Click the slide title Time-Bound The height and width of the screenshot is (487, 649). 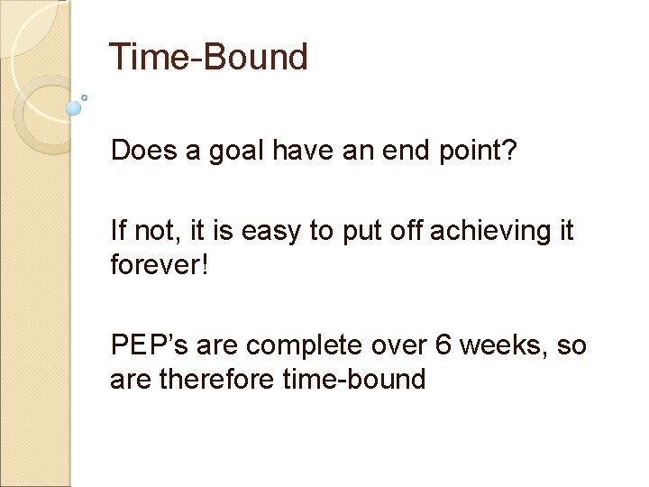pyautogui.click(x=208, y=57)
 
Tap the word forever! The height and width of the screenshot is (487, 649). pyautogui.click(x=160, y=264)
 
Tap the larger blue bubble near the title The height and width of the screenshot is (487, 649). pyautogui.click(x=74, y=108)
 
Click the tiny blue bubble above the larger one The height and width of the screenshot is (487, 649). pyautogui.click(x=84, y=96)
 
